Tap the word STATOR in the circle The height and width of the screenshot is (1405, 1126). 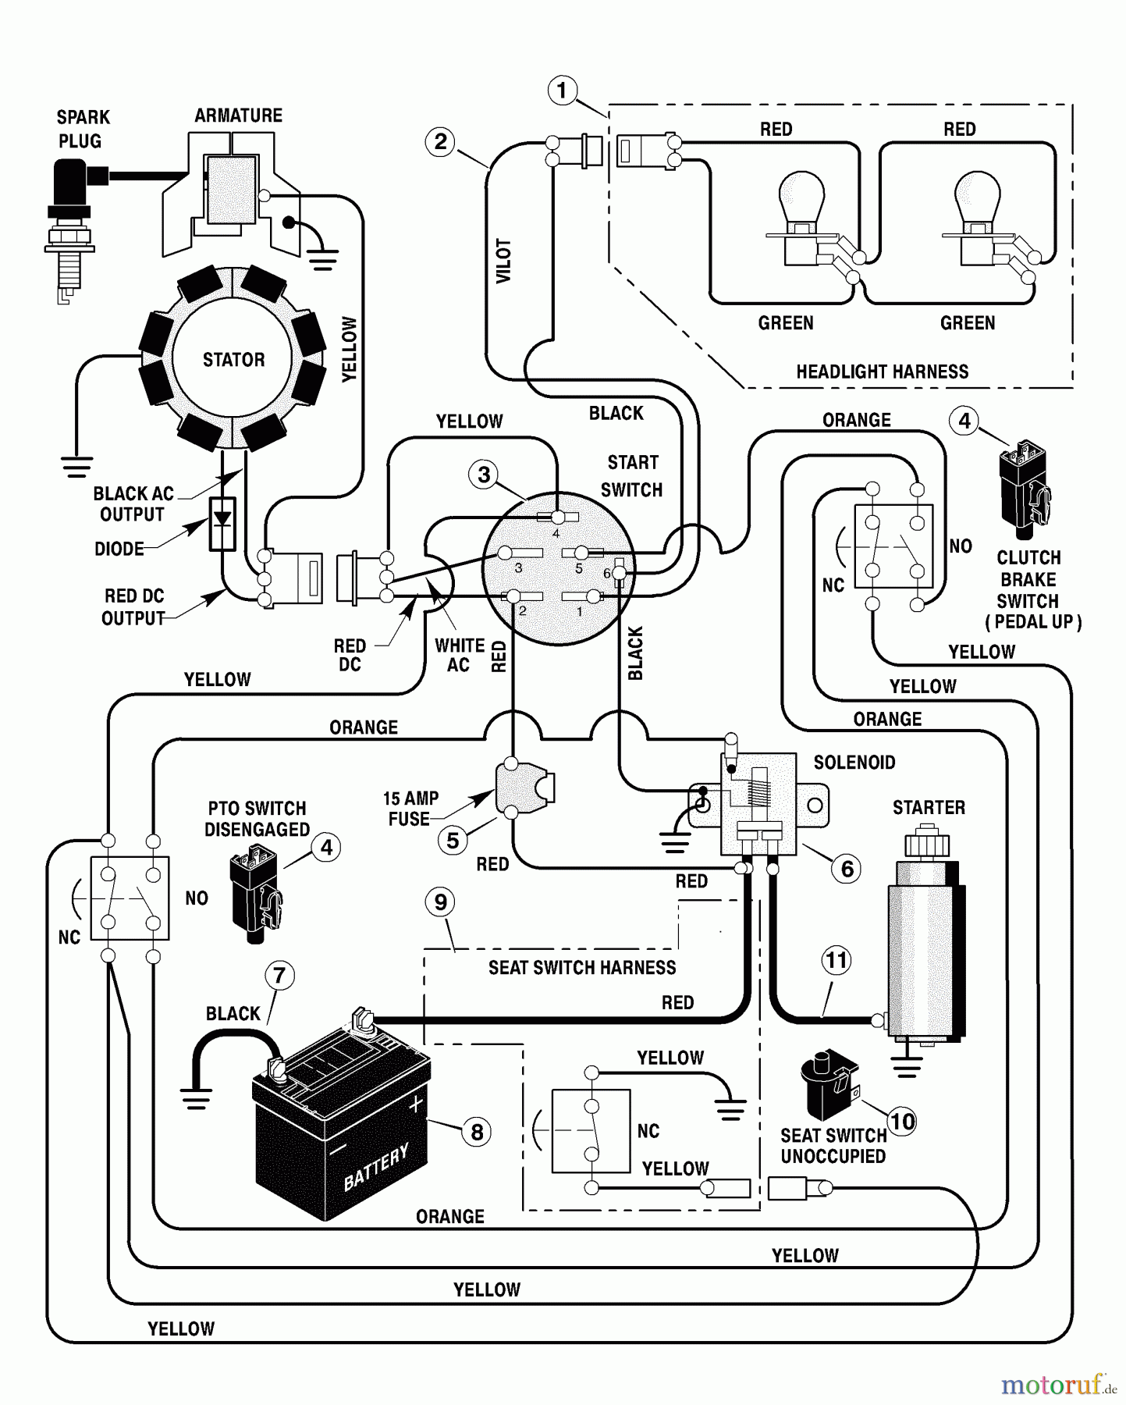[x=234, y=360]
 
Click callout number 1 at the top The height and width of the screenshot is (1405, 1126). [x=562, y=90]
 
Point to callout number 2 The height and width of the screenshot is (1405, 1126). [x=440, y=142]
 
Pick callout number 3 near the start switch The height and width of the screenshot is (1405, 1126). [x=484, y=474]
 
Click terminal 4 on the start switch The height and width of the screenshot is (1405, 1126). [x=557, y=518]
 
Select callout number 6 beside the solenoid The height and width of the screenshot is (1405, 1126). [x=847, y=868]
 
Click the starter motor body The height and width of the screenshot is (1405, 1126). [x=925, y=948]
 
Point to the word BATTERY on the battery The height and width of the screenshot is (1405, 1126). [x=376, y=1168]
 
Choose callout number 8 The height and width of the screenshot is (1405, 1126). [x=476, y=1132]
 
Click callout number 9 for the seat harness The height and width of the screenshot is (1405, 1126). [x=440, y=902]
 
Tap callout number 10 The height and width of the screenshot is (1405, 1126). [x=902, y=1122]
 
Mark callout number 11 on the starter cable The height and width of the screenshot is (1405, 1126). [x=837, y=960]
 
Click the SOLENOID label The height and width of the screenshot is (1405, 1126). [x=854, y=763]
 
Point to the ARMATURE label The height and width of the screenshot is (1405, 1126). [x=238, y=116]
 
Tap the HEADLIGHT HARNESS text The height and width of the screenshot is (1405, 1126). [x=882, y=372]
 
